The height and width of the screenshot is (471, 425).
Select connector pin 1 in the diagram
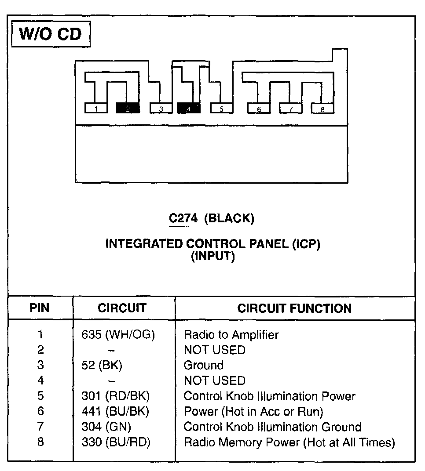tap(96, 108)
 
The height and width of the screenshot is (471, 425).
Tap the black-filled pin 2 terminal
tap(128, 108)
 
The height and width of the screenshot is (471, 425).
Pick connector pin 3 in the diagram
tap(161, 108)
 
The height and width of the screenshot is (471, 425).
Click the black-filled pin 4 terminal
tap(188, 108)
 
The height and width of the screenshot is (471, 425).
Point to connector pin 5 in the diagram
tap(221, 108)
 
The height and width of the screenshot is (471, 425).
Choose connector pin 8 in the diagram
tap(322, 108)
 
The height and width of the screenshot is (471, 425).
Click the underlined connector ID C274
tap(183, 218)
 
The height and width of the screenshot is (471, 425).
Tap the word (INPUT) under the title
tap(213, 257)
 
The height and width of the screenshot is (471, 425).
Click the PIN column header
tap(40, 308)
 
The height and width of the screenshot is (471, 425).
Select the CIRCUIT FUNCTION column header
tap(294, 308)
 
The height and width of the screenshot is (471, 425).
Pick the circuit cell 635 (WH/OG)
tap(118, 335)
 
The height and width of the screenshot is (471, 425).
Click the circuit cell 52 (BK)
tap(102, 365)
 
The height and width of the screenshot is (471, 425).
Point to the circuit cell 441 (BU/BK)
tap(115, 411)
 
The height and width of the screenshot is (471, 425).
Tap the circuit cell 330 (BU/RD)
tap(116, 442)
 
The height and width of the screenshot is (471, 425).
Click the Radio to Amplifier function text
tap(231, 335)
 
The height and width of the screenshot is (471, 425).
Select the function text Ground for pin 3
tap(203, 365)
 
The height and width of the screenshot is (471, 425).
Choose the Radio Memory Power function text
tap(289, 442)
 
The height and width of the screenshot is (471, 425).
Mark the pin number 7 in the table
tap(40, 427)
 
